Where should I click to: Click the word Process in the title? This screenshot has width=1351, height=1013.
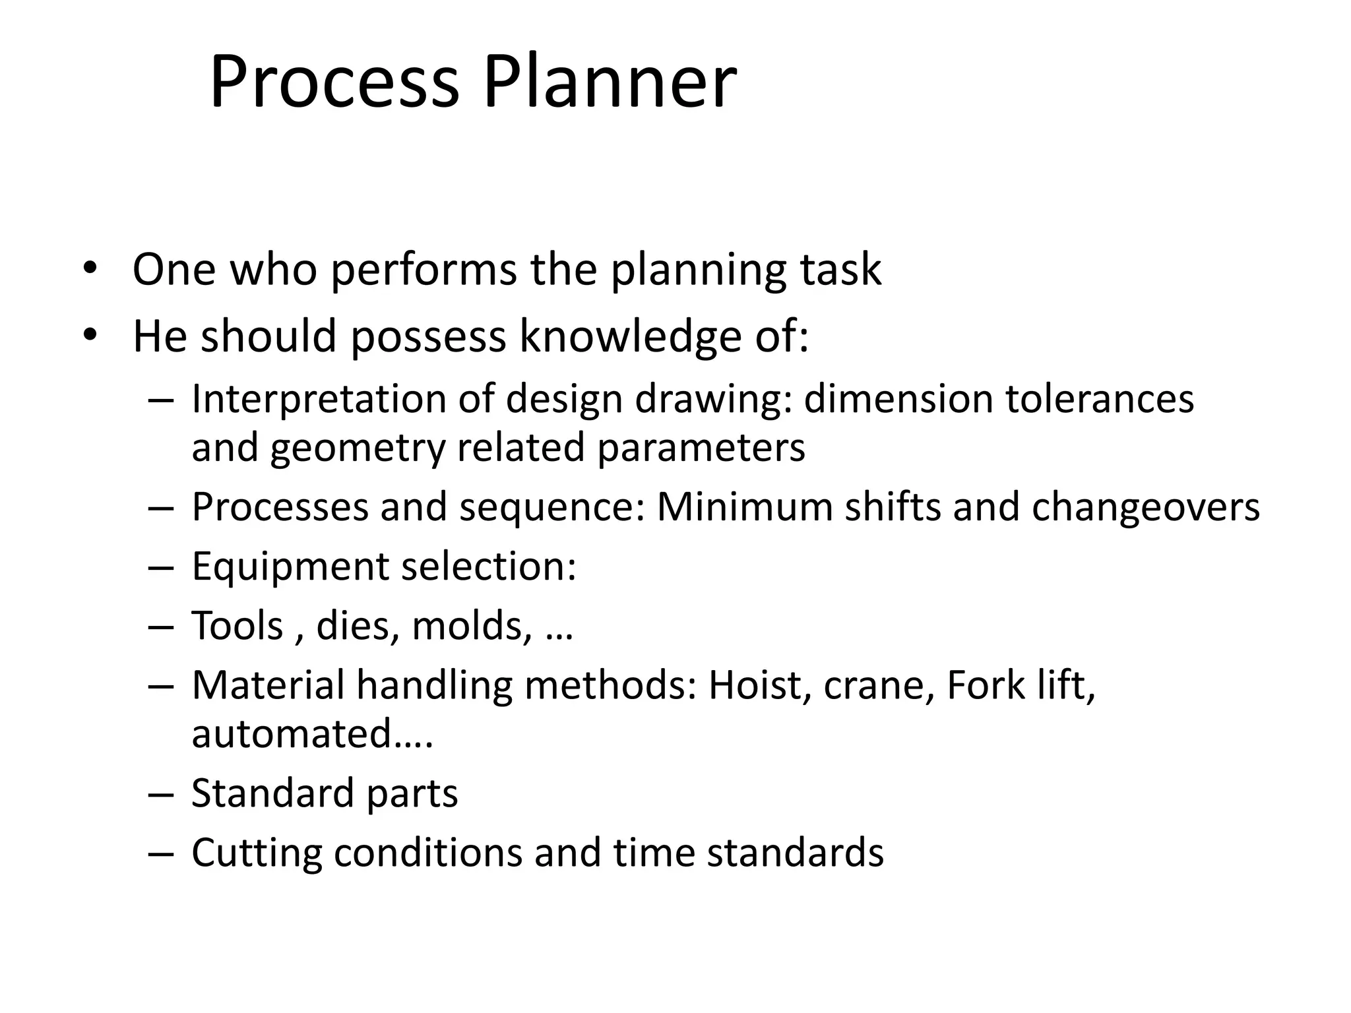point(334,83)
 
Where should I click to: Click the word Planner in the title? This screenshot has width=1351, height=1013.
point(610,83)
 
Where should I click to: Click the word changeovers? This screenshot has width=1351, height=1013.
point(1146,508)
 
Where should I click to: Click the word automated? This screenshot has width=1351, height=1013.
point(292,733)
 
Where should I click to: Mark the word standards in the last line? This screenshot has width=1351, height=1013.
point(795,852)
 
